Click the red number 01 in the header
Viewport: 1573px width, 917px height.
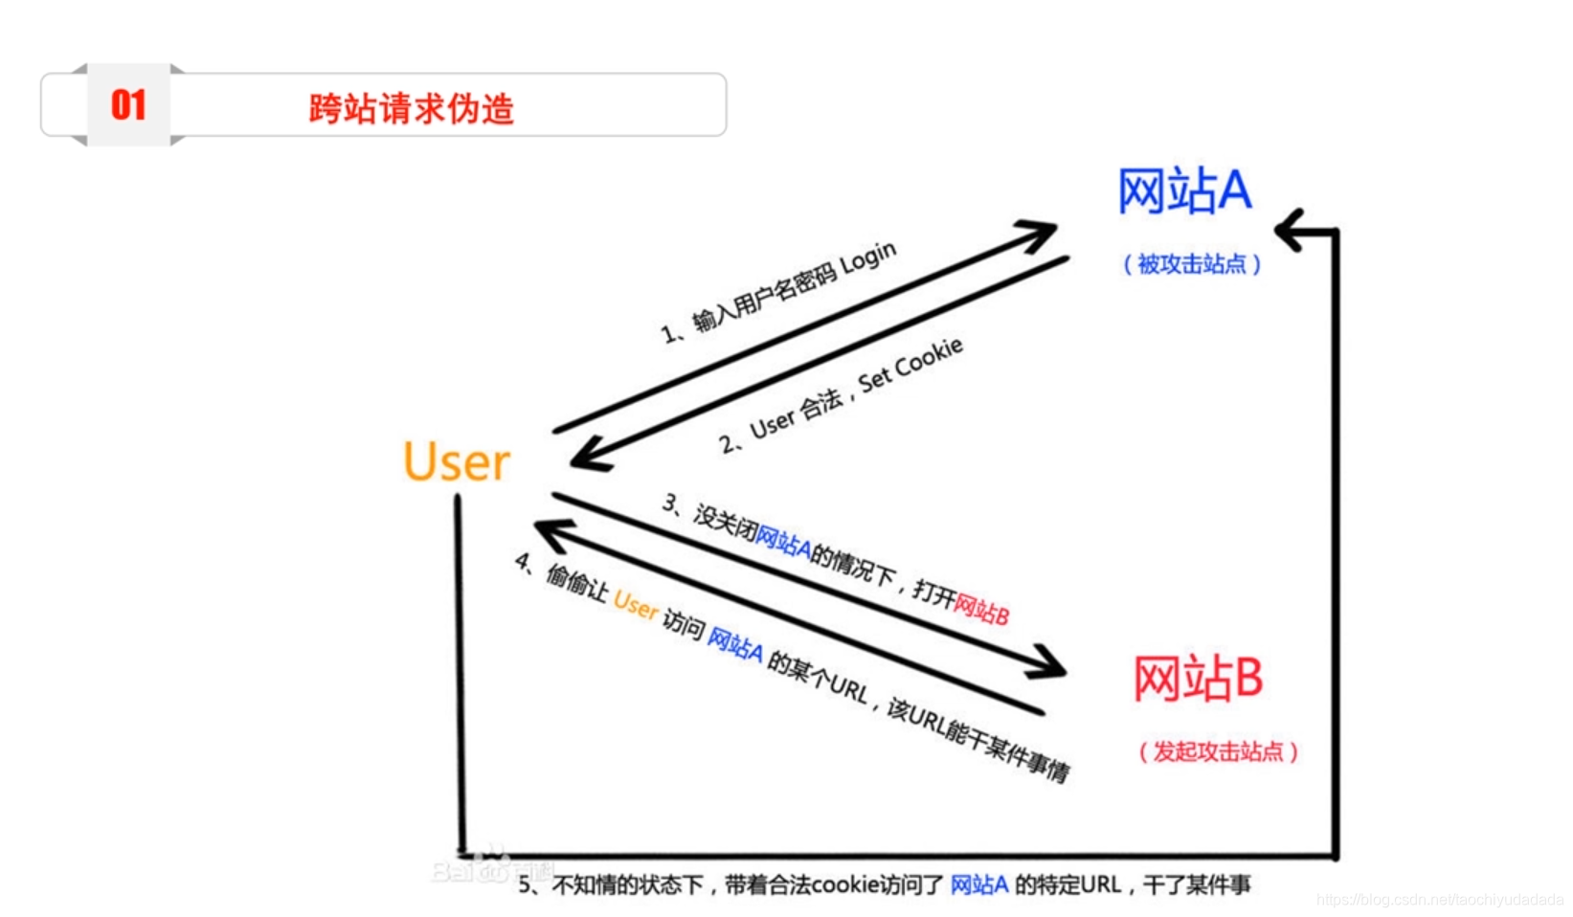coord(128,105)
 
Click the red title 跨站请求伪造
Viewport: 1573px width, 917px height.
coord(411,109)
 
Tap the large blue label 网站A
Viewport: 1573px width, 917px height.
coord(1184,190)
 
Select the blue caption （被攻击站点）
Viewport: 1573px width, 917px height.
coord(1192,264)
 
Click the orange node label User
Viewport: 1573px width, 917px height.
coord(457,462)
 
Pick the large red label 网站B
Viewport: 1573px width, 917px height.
coord(1198,679)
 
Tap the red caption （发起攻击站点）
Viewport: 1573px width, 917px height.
coord(1218,752)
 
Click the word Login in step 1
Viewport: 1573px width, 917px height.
coord(868,259)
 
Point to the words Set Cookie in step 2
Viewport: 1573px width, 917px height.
coord(910,365)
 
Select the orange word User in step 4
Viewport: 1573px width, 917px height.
coord(636,604)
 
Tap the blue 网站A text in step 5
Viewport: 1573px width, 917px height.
coord(978,885)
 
